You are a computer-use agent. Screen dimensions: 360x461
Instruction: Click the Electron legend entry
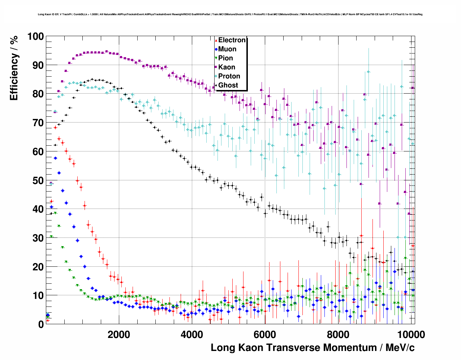pyautogui.click(x=232, y=40)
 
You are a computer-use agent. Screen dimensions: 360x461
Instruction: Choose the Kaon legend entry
pyautogui.click(x=227, y=67)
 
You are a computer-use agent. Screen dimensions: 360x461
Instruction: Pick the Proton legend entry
pyautogui.click(x=229, y=76)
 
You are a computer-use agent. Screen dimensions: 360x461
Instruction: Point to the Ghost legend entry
pyautogui.click(x=228, y=85)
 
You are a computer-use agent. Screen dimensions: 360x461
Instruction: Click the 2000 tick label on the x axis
pyautogui.click(x=119, y=335)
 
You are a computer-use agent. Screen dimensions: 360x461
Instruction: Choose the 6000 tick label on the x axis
pyautogui.click(x=265, y=335)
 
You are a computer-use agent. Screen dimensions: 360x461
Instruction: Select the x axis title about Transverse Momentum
pyautogui.click(x=313, y=348)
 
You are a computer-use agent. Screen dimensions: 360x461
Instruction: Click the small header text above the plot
pyautogui.click(x=230, y=14)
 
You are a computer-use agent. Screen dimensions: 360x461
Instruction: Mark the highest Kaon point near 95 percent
pyautogui.click(x=107, y=52)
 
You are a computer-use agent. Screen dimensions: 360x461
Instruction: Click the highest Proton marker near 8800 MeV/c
pyautogui.click(x=369, y=72)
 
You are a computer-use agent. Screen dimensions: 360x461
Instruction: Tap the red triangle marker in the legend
pyautogui.click(x=216, y=40)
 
